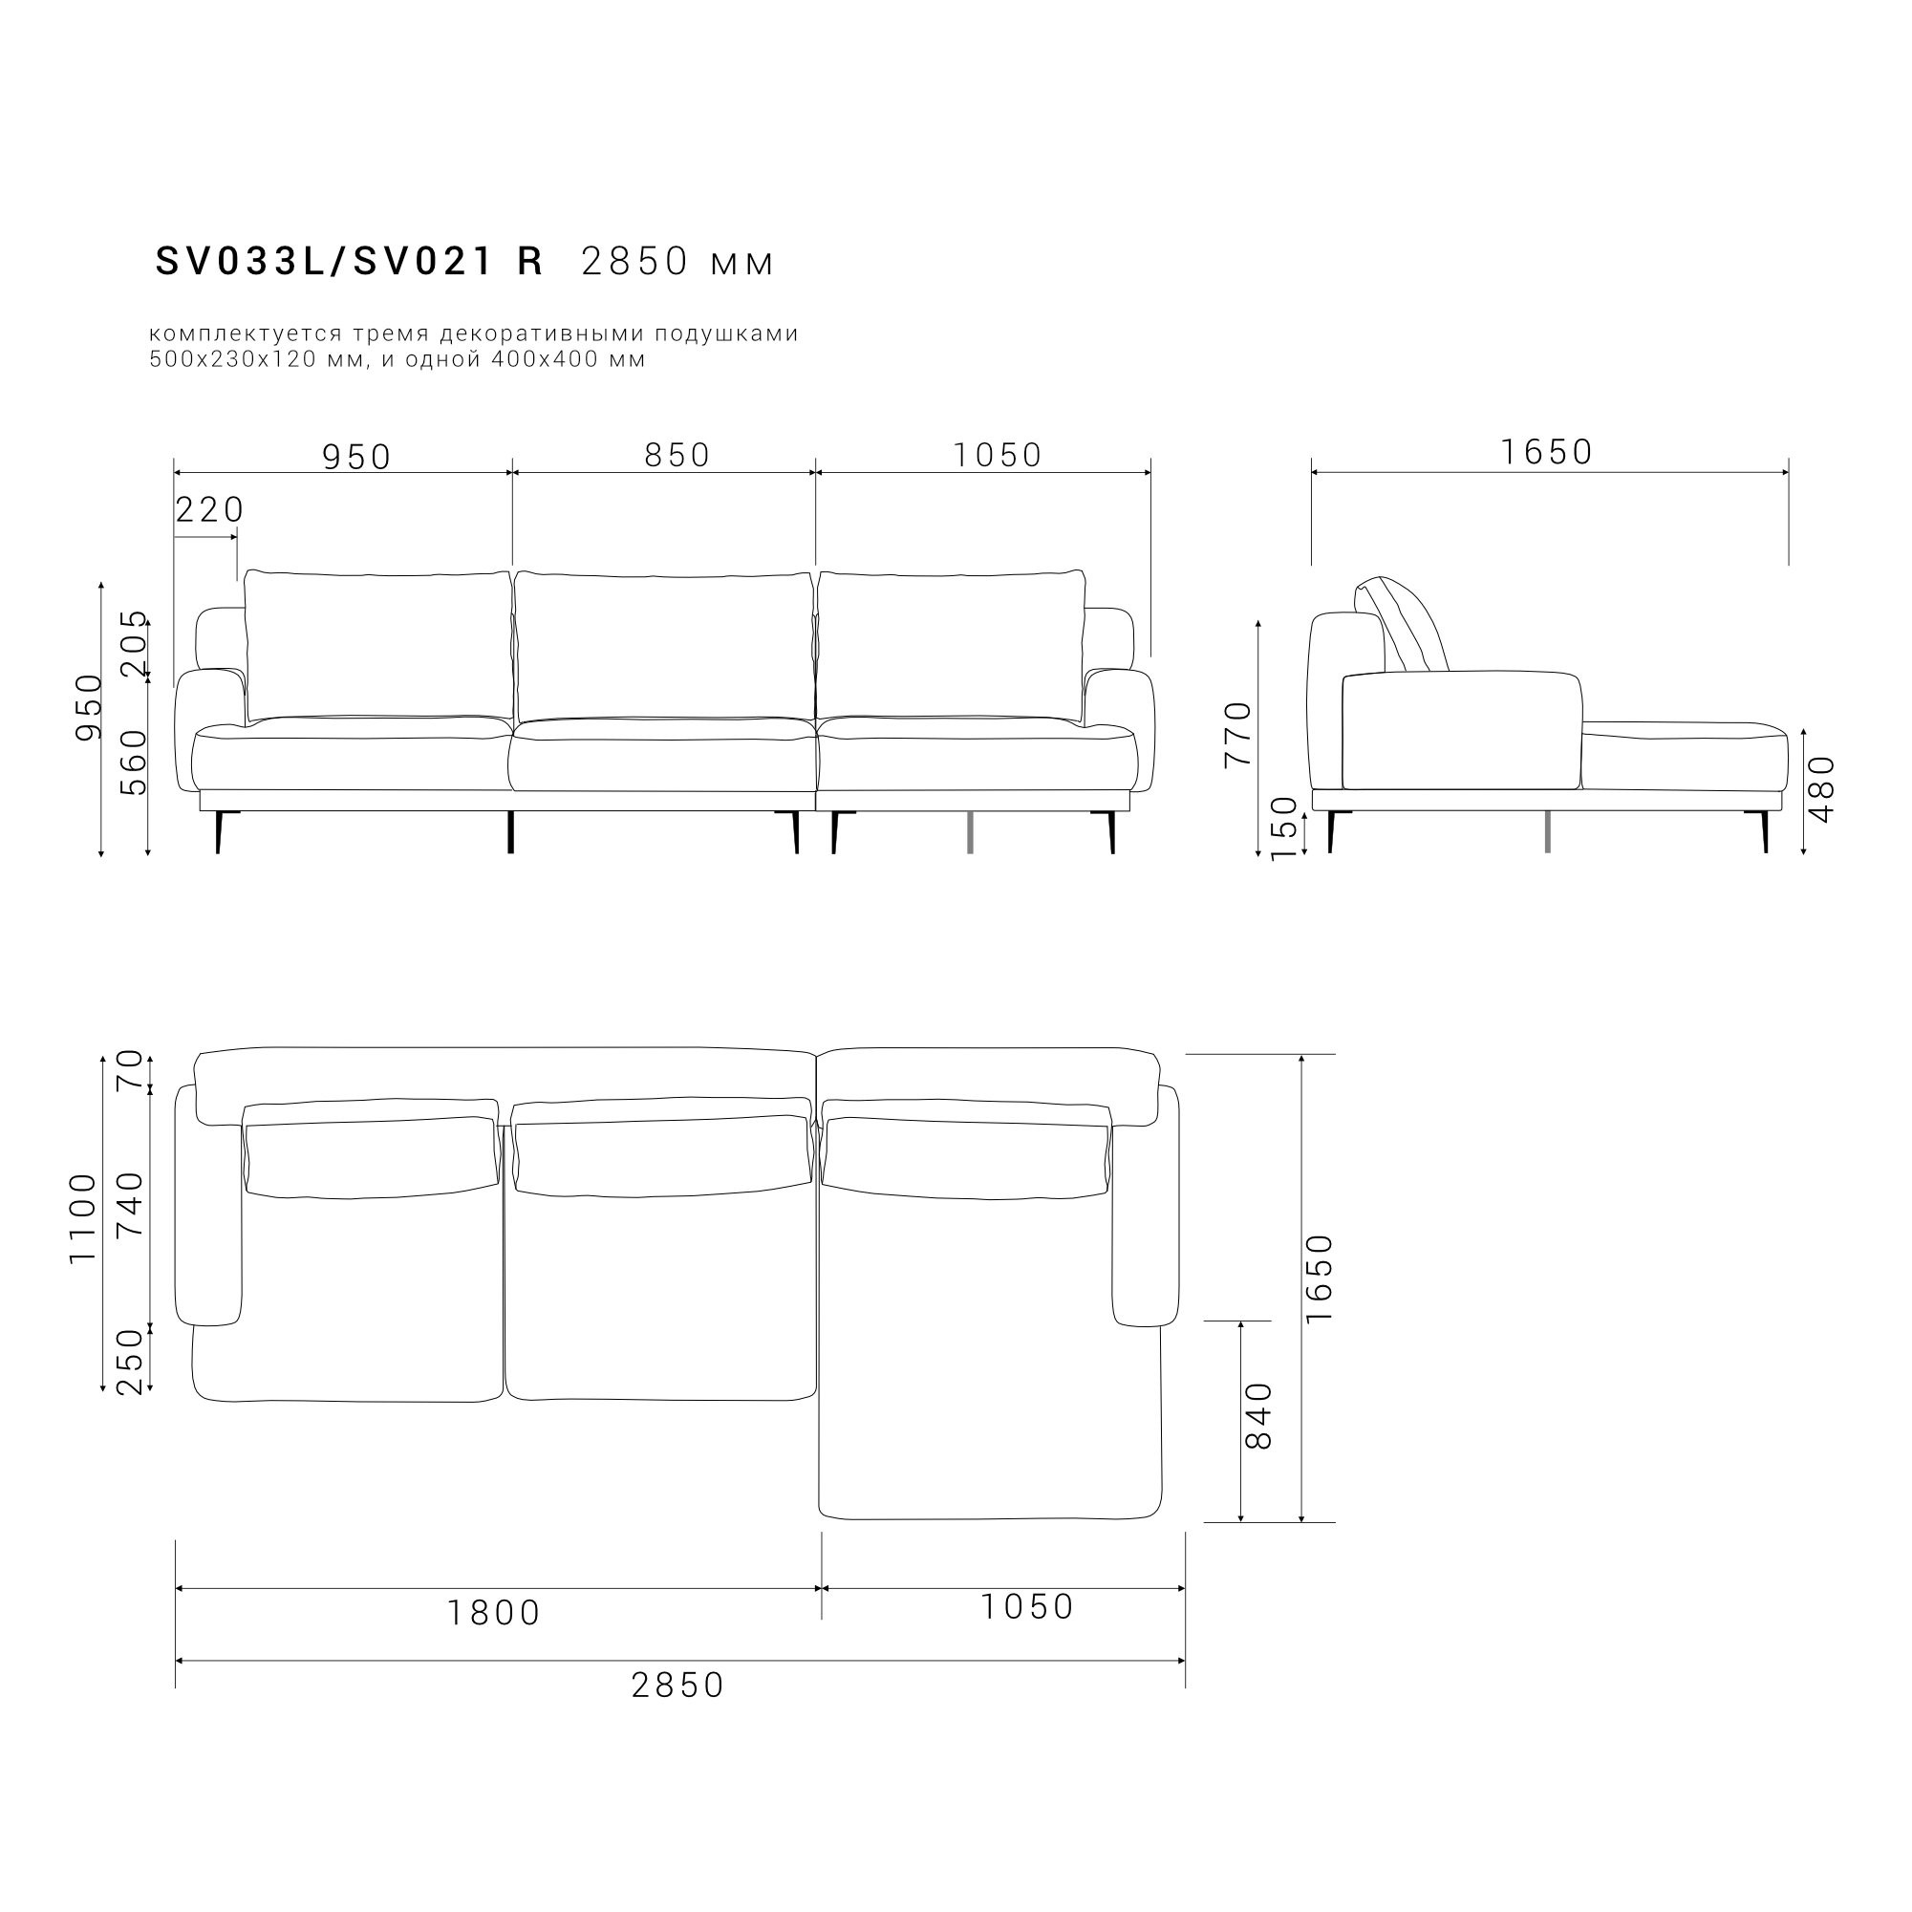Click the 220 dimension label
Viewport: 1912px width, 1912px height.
click(210, 510)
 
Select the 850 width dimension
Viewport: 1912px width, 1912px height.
click(677, 455)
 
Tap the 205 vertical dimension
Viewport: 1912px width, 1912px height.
click(134, 643)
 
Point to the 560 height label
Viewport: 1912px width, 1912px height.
click(134, 763)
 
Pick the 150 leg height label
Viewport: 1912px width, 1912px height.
click(1283, 828)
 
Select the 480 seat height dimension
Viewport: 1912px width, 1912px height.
click(1822, 788)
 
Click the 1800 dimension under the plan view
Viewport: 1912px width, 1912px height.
click(494, 1613)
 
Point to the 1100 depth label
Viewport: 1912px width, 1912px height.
click(83, 1218)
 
